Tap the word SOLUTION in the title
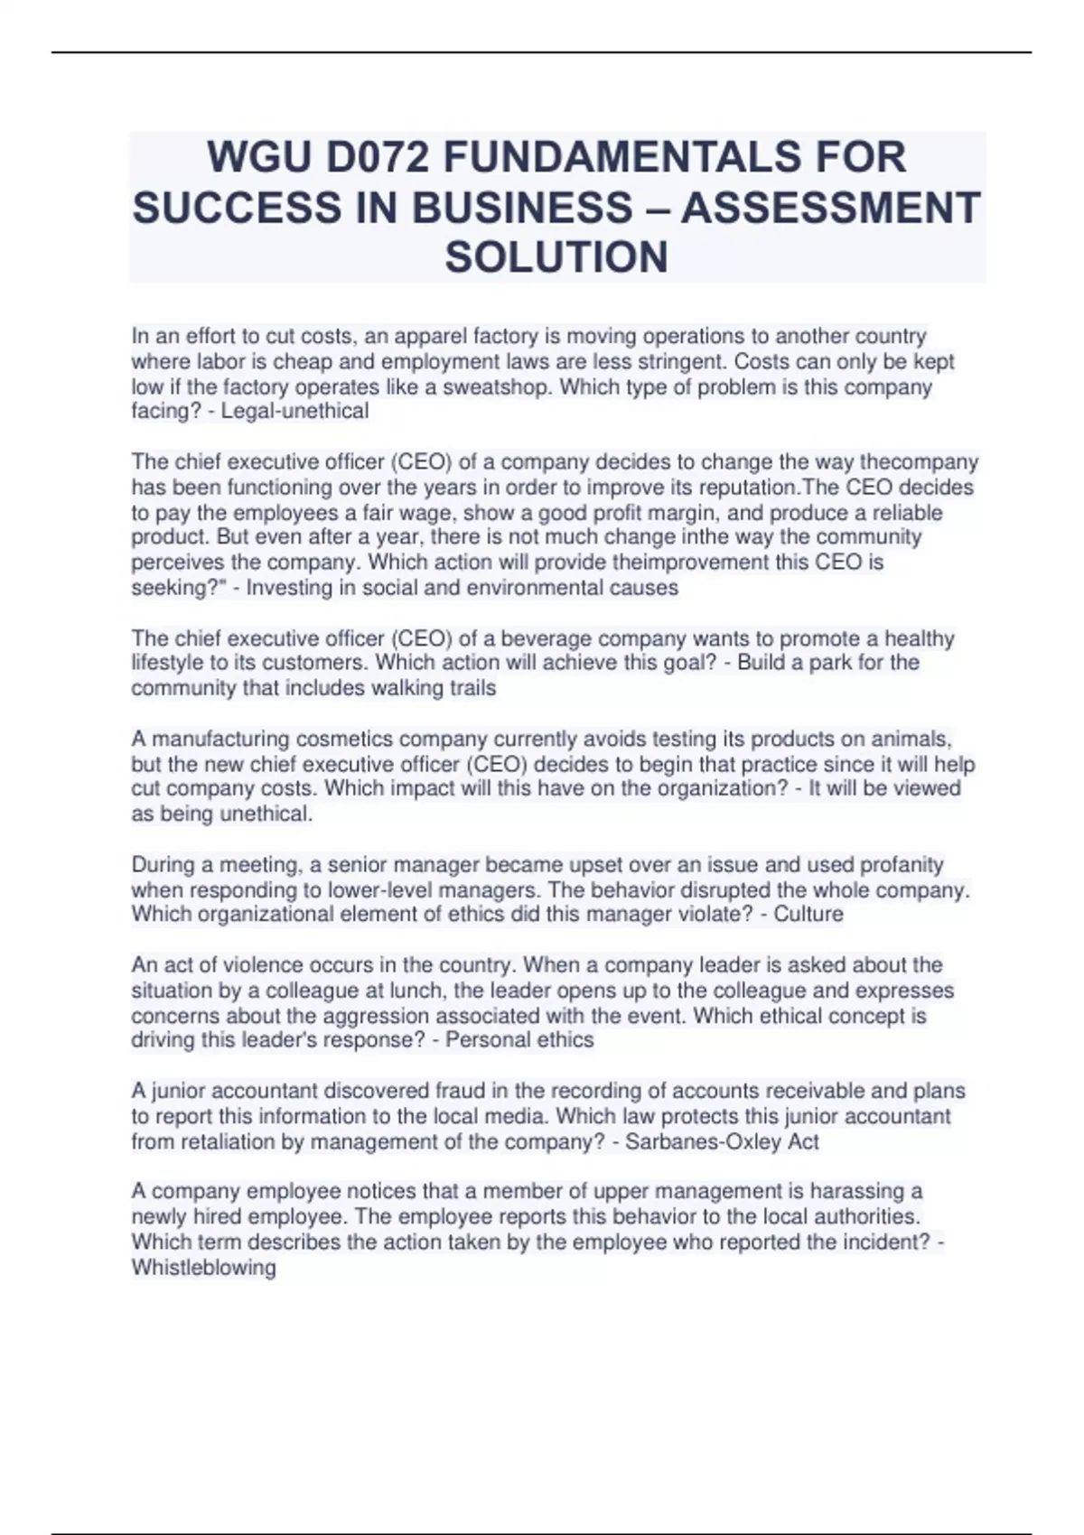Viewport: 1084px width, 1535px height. pos(556,257)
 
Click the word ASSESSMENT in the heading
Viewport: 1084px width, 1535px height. pos(830,208)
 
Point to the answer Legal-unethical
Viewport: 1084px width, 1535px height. pos(294,412)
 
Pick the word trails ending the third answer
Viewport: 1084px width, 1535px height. pos(468,688)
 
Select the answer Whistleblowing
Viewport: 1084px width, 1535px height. pos(203,1268)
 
